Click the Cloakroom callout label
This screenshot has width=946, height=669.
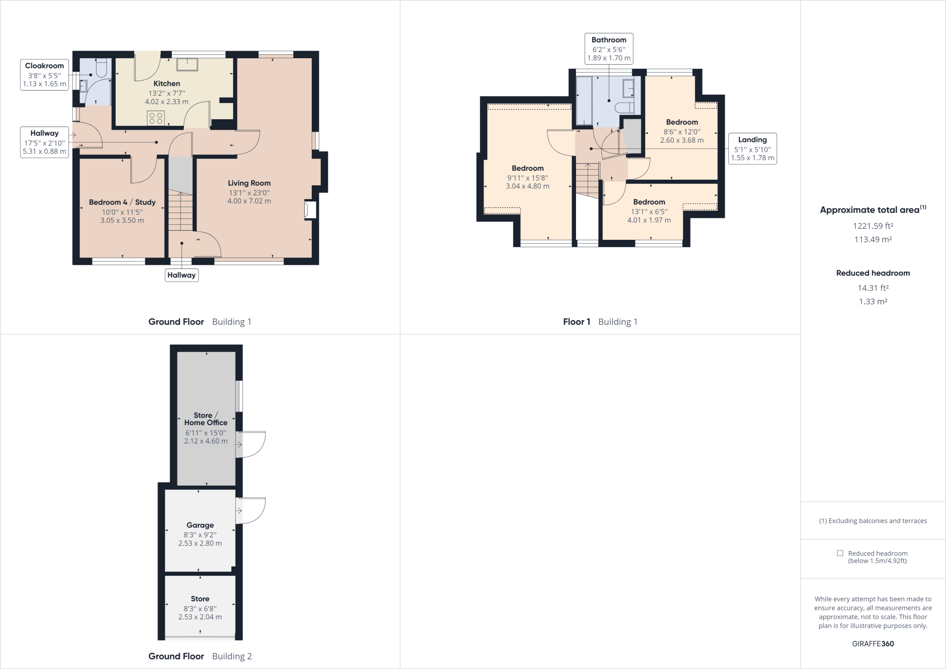coord(44,66)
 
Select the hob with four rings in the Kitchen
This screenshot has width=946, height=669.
coord(155,118)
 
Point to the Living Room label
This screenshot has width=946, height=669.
coord(249,183)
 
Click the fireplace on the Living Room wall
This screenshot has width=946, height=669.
coord(309,210)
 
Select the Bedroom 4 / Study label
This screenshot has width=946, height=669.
coord(122,202)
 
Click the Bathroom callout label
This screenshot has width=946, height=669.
coord(609,40)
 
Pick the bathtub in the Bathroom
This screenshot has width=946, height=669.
coord(584,100)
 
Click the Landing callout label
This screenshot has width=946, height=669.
coord(752,140)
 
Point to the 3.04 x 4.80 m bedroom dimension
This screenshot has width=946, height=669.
coord(528,186)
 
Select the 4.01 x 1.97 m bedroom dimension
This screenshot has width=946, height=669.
coord(649,220)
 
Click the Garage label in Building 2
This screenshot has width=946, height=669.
coord(200,525)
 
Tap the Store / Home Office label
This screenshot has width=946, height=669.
coord(206,419)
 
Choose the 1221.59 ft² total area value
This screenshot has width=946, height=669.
coord(873,226)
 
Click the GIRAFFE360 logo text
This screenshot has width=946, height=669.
coord(873,644)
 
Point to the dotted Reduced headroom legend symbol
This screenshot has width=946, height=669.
coord(840,553)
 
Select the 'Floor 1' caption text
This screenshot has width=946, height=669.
coord(576,322)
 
